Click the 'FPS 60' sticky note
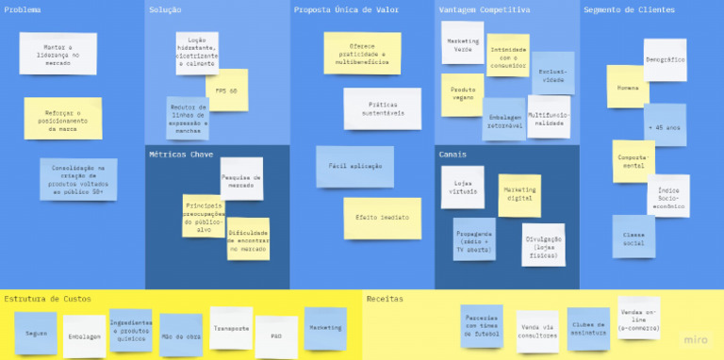click(x=226, y=90)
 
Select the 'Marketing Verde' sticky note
click(x=462, y=42)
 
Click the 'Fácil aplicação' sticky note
click(x=354, y=166)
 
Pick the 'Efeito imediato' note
click(x=382, y=218)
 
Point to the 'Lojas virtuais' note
click(x=462, y=187)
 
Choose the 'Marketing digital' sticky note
click(x=519, y=195)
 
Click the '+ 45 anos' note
click(x=664, y=125)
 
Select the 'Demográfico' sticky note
click(x=665, y=59)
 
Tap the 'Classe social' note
click(x=633, y=237)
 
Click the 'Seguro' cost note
click(x=36, y=333)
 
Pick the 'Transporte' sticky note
click(x=231, y=328)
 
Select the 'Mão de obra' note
click(x=180, y=335)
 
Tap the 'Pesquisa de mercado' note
click(x=241, y=178)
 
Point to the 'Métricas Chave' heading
click(x=181, y=154)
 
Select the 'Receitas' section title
click(x=385, y=299)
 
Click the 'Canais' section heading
click(x=452, y=154)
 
